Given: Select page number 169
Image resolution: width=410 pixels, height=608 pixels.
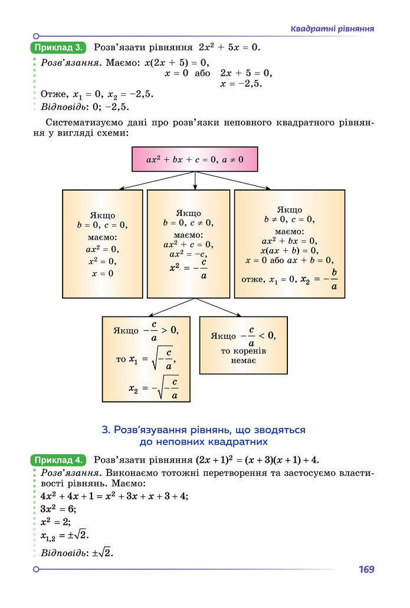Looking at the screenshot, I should [x=366, y=570].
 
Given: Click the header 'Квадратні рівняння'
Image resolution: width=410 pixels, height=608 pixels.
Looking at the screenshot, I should [x=333, y=29].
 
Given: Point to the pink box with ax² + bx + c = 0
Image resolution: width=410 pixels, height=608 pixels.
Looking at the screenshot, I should [x=195, y=159].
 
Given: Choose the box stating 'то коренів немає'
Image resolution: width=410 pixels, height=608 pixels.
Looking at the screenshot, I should [x=243, y=345].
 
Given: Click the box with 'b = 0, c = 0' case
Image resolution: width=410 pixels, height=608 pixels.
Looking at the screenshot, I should [x=102, y=243].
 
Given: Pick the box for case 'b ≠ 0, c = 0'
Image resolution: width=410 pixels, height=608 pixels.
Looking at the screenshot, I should [x=289, y=243].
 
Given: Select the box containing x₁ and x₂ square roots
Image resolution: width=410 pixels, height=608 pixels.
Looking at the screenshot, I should [x=146, y=359].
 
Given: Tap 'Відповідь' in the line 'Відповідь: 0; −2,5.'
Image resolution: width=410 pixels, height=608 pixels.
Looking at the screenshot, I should [x=63, y=107].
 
